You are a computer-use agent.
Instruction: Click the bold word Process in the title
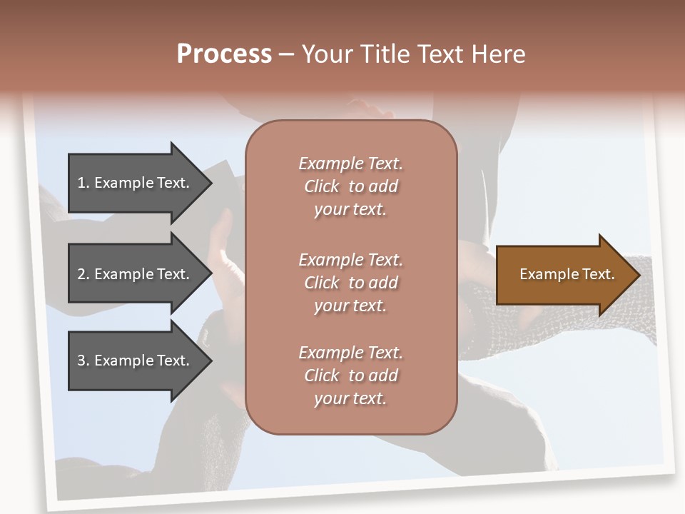click(x=224, y=54)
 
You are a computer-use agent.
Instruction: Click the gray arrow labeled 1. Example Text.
click(x=136, y=183)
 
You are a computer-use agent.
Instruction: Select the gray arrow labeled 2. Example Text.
click(x=136, y=274)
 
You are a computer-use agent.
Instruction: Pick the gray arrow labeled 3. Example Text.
click(x=136, y=361)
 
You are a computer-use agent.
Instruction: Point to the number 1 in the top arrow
click(x=81, y=183)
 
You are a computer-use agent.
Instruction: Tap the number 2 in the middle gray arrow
click(x=81, y=274)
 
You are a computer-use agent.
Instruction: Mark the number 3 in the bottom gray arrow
click(x=81, y=361)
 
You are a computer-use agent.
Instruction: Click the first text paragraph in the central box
click(x=350, y=186)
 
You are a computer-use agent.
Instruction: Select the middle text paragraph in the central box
click(x=350, y=283)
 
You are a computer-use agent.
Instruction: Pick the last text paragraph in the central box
click(x=350, y=376)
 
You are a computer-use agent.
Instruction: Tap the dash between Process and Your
click(x=286, y=54)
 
